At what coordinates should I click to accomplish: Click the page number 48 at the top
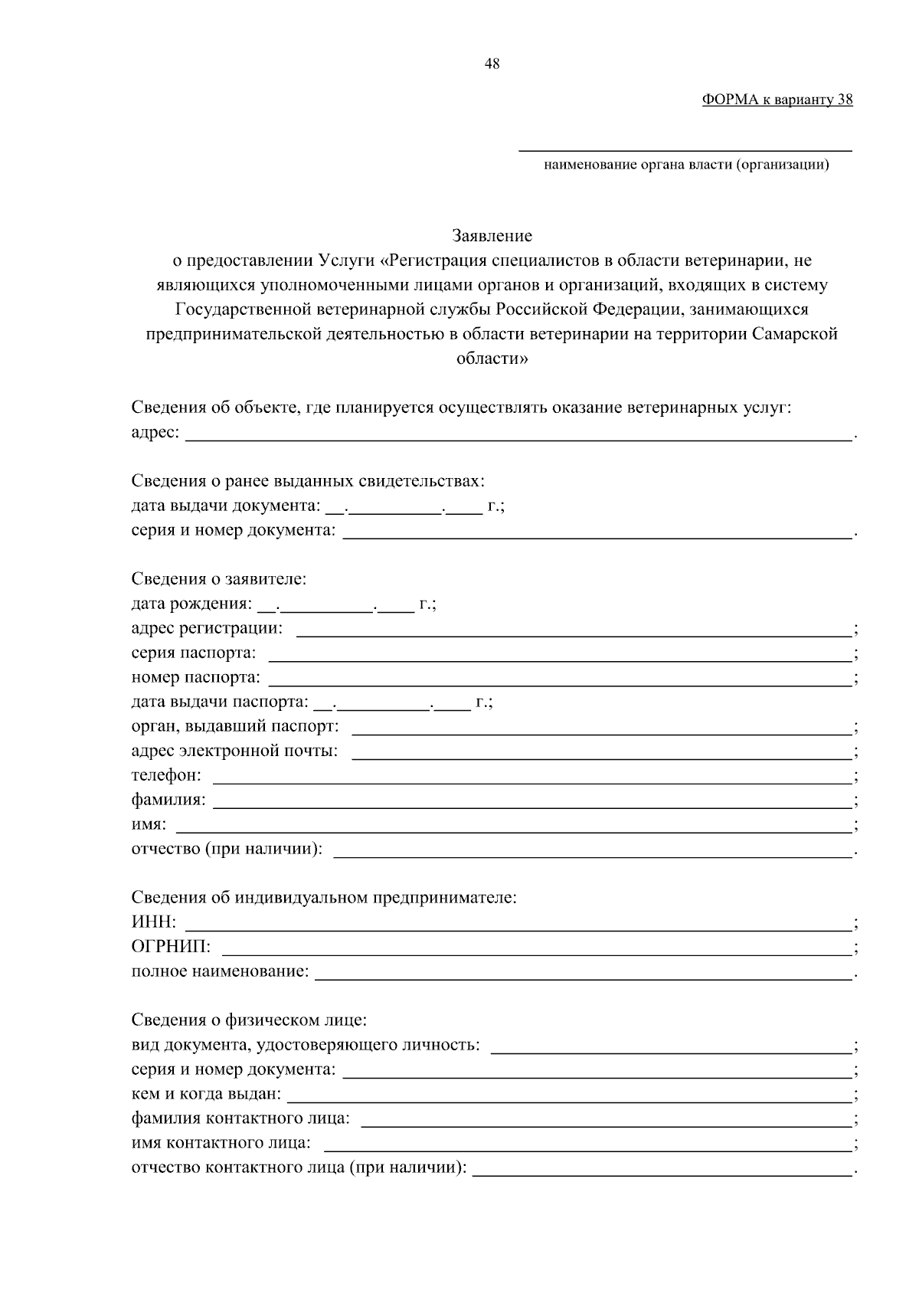point(492,64)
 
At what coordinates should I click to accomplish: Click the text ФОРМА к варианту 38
point(777,100)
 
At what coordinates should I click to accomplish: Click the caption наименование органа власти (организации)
point(685,165)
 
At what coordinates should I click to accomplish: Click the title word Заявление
point(492,235)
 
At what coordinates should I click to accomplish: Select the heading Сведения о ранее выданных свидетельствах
point(308,480)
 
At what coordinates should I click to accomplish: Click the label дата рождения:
point(191,604)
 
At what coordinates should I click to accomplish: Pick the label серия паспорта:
point(194,653)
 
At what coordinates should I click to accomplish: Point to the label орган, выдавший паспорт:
point(235,726)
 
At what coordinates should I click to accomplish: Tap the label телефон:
point(166,775)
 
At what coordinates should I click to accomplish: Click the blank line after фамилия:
point(531,802)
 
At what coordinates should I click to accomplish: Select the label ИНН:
point(154,922)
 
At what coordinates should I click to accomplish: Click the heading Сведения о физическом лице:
point(249,1020)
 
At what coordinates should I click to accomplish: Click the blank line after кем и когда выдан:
point(569,1096)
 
